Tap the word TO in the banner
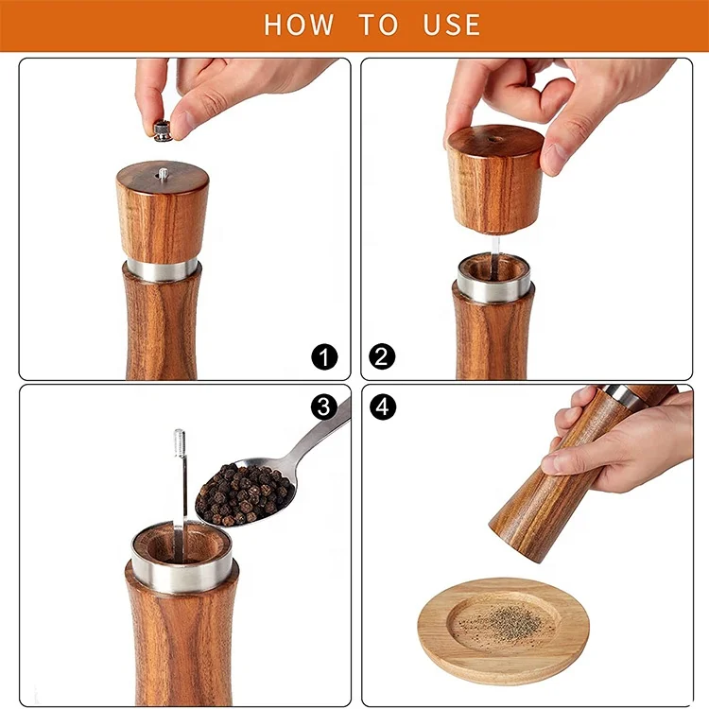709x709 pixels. (x=377, y=25)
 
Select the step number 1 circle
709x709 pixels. (x=324, y=357)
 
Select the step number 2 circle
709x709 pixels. (x=383, y=357)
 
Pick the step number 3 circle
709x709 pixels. (x=324, y=406)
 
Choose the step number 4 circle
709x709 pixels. (x=383, y=406)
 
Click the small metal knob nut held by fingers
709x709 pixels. (x=163, y=130)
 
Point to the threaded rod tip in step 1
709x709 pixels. (x=163, y=174)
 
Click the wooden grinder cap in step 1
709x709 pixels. (x=162, y=213)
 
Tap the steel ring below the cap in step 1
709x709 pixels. (x=162, y=268)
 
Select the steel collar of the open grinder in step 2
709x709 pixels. (x=493, y=285)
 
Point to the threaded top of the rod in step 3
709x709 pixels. (x=180, y=442)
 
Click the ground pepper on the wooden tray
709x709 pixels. (x=501, y=624)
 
